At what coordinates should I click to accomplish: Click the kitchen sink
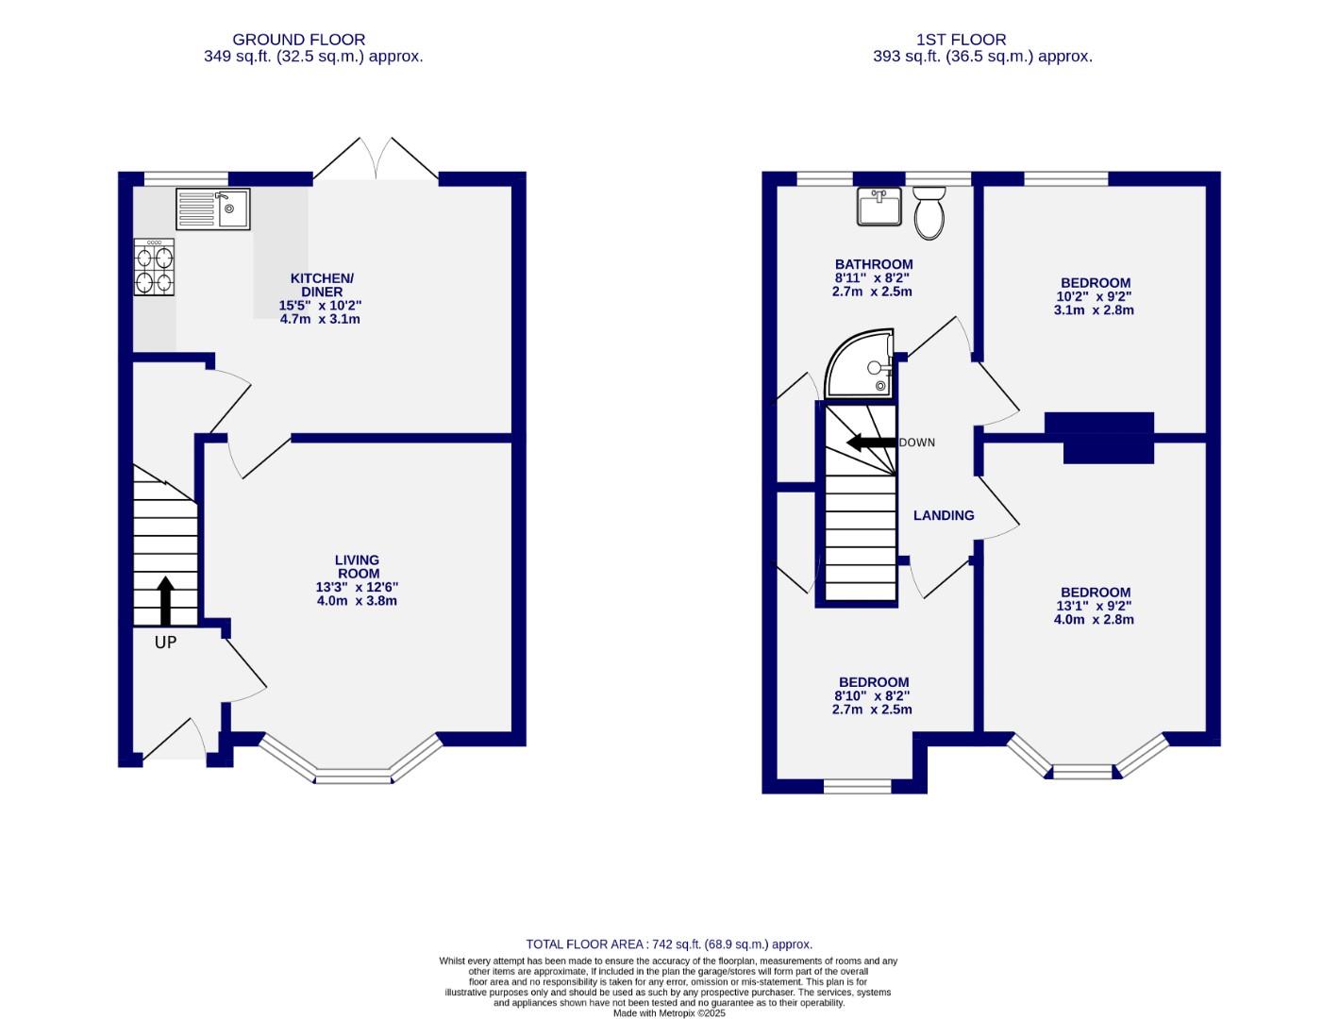pos(212,209)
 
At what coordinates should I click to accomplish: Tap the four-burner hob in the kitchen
pos(155,267)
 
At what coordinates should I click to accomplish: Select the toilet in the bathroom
pos(929,213)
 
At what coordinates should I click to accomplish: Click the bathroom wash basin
pos(879,207)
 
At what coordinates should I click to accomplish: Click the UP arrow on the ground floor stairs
pos(166,601)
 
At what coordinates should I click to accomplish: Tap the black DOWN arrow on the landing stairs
pos(871,443)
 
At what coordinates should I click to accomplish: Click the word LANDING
pos(944,515)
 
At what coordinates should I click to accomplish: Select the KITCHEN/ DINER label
pos(321,285)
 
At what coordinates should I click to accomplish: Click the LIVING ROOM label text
pos(358,566)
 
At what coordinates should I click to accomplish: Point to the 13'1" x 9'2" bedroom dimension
pos(1095,606)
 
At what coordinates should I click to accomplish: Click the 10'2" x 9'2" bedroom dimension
pos(1095,296)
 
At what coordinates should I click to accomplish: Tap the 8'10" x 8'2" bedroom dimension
pos(873,696)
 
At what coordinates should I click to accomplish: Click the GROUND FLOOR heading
pos(298,40)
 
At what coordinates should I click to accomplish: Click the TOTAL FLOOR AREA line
pos(668,944)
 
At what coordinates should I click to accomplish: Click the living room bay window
pos(351,776)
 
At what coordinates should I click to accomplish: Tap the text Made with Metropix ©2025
pos(668,1012)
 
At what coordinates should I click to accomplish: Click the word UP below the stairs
pos(166,643)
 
